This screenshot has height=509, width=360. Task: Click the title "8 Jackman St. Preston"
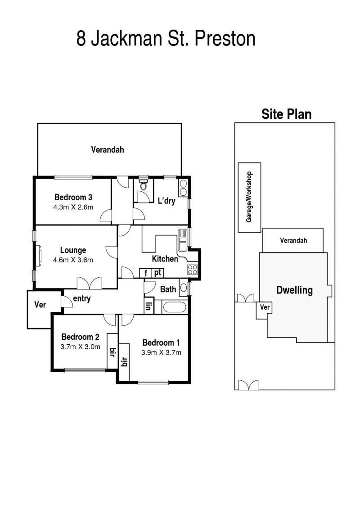pyautogui.click(x=166, y=38)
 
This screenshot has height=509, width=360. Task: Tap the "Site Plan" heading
pyautogui.click(x=287, y=114)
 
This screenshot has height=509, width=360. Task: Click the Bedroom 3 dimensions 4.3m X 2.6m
pyautogui.click(x=73, y=207)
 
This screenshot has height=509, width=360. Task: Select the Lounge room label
pyautogui.click(x=73, y=250)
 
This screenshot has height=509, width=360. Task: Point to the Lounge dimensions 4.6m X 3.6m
pyautogui.click(x=73, y=260)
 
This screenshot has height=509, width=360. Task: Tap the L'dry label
pyautogui.click(x=166, y=201)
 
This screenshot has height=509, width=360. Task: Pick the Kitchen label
pyautogui.click(x=165, y=259)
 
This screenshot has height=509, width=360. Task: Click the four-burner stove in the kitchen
pyautogui.click(x=193, y=270)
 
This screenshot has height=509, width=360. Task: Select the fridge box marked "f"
pyautogui.click(x=146, y=273)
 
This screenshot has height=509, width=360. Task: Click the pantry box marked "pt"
pyautogui.click(x=157, y=273)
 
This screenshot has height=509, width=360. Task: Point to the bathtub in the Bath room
pyautogui.click(x=174, y=307)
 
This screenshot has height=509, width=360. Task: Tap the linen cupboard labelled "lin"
pyautogui.click(x=148, y=306)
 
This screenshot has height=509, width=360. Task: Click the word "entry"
pyautogui.click(x=82, y=299)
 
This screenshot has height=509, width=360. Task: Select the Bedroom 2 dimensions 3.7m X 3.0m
pyautogui.click(x=81, y=347)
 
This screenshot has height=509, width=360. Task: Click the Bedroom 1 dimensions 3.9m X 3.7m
pyautogui.click(x=162, y=352)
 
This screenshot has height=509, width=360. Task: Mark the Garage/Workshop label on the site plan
pyautogui.click(x=249, y=197)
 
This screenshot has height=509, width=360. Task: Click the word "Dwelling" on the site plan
pyautogui.click(x=294, y=290)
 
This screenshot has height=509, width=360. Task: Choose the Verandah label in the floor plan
pyautogui.click(x=108, y=150)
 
